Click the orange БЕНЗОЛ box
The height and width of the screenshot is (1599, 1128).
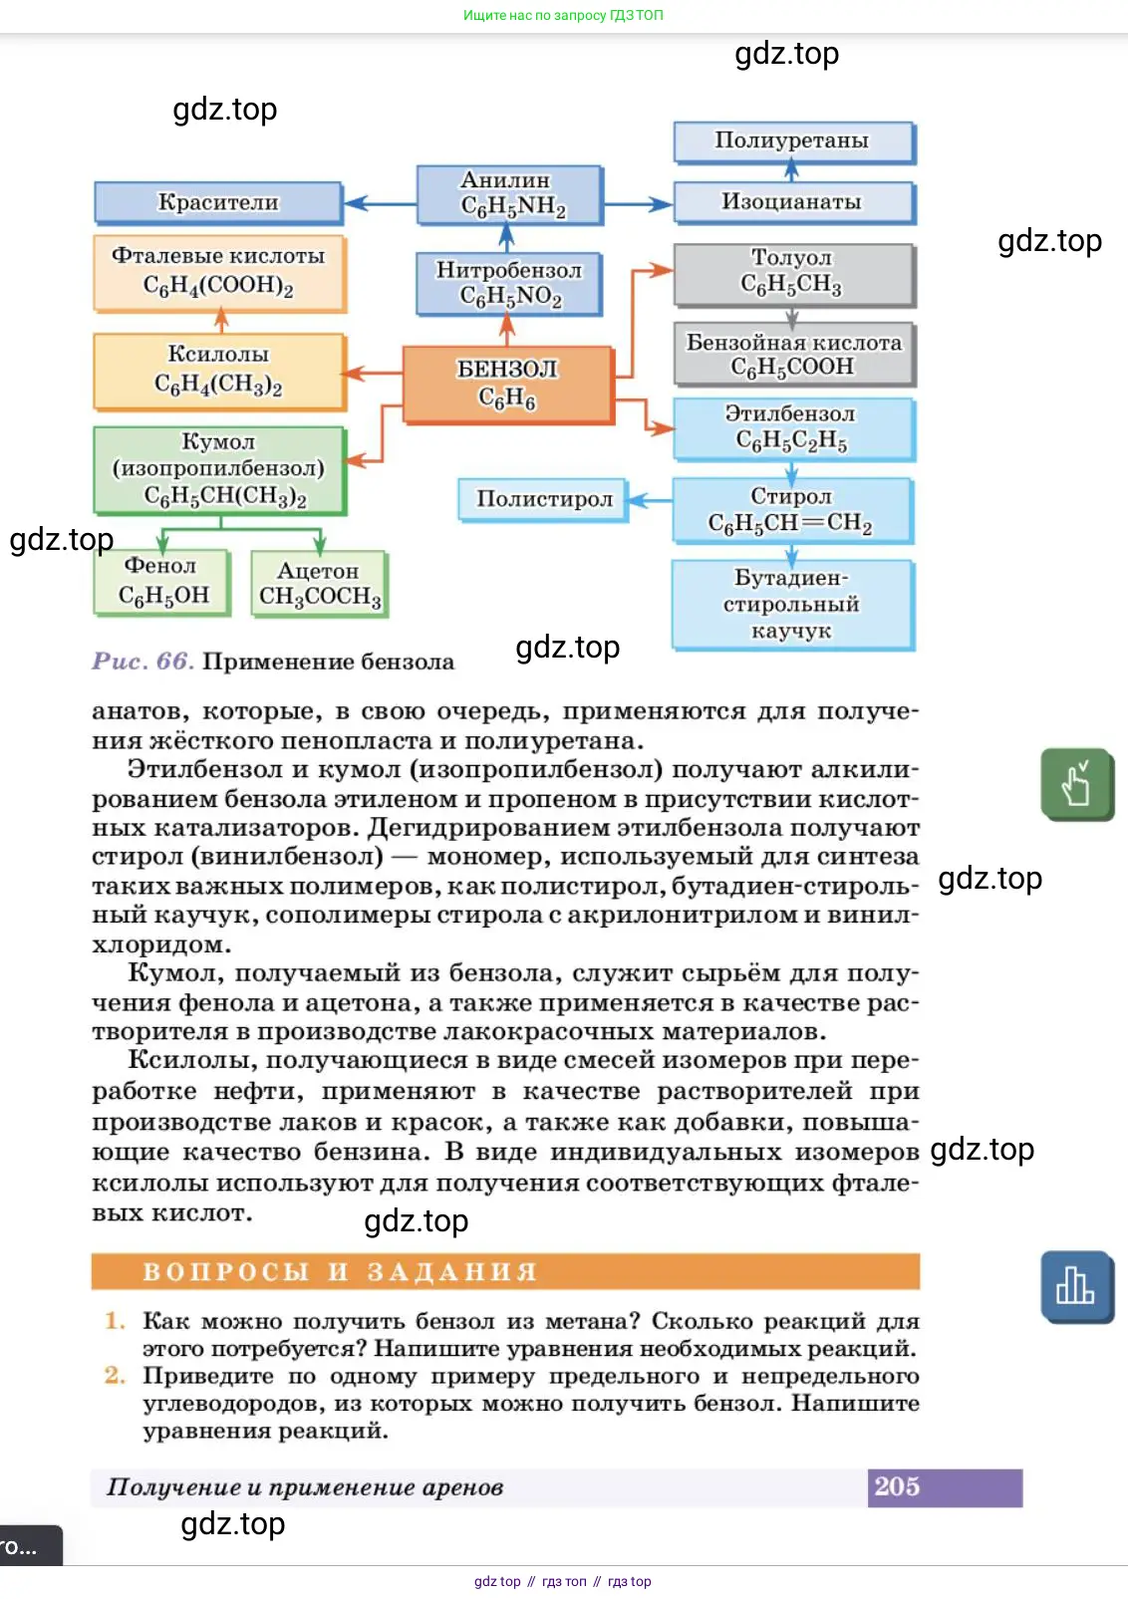(x=508, y=385)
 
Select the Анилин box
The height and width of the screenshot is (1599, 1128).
(x=509, y=194)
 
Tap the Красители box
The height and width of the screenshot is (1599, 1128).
(x=218, y=202)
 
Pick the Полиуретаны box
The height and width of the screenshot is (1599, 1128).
(x=793, y=141)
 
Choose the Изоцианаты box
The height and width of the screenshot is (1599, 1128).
(x=793, y=202)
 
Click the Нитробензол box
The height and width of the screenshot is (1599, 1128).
(x=509, y=284)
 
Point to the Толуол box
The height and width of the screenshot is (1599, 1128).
(x=793, y=273)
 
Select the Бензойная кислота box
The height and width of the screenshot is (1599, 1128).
(x=793, y=355)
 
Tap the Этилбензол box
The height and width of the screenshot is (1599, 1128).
(x=793, y=428)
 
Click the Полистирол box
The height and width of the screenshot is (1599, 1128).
(x=544, y=499)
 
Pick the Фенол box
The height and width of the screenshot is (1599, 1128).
(x=162, y=582)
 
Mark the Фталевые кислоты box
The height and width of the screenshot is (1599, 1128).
(x=219, y=273)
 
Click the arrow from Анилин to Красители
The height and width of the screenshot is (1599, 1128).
(x=380, y=203)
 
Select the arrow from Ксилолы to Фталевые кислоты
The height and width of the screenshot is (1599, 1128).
(x=221, y=321)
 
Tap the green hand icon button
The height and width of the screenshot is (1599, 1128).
(x=1076, y=784)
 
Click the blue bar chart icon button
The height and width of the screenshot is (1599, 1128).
(x=1076, y=1286)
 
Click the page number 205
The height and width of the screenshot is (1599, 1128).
(x=898, y=1486)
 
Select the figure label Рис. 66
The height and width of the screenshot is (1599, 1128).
(x=141, y=662)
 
